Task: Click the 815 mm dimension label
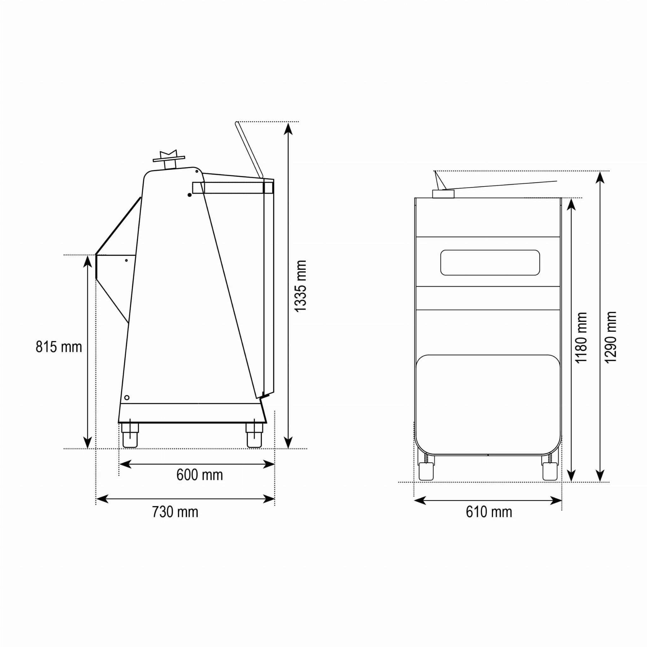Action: (59, 347)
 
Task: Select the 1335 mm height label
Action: (300, 286)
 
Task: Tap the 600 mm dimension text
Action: (200, 475)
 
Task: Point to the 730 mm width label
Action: (175, 512)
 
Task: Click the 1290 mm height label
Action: (610, 337)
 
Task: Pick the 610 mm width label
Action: (489, 512)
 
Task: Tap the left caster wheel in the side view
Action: (130, 435)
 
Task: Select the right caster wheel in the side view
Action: (254, 435)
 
